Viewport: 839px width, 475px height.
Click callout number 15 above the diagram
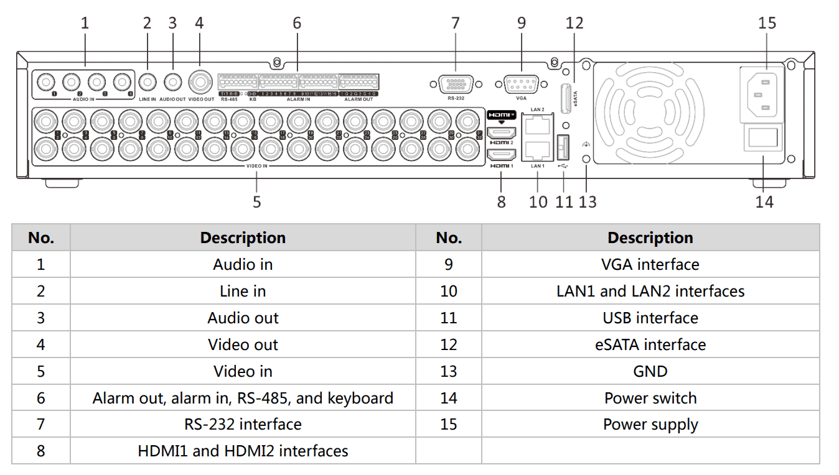[x=767, y=23]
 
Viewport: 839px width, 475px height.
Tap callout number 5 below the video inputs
[x=256, y=201]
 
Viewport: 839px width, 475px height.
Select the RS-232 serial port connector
[x=456, y=84]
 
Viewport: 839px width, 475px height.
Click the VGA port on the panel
[x=521, y=84]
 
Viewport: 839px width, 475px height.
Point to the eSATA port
[x=566, y=98]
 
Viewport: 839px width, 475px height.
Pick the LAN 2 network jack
[x=537, y=126]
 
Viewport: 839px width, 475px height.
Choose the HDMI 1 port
[x=501, y=155]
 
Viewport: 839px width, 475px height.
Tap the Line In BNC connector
[x=148, y=82]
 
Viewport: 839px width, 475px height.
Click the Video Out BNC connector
[x=200, y=81]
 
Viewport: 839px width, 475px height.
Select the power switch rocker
[x=764, y=137]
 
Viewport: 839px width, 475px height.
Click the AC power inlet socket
[x=764, y=94]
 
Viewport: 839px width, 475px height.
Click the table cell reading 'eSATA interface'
[x=650, y=344]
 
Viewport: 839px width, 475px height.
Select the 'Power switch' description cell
[x=650, y=398]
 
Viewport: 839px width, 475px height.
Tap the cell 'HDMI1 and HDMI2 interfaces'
[x=243, y=451]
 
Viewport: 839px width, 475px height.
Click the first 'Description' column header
[x=243, y=237]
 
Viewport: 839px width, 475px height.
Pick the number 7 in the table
[x=40, y=424]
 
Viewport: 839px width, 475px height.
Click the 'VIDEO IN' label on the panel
[x=256, y=166]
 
